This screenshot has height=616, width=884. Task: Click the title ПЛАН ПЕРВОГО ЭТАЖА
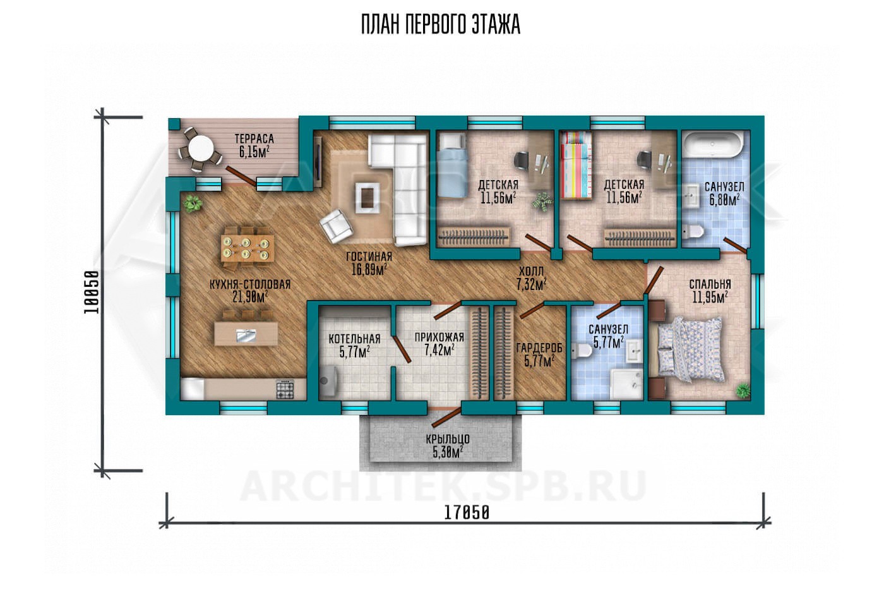tap(441, 25)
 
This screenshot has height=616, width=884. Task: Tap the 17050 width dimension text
tap(467, 513)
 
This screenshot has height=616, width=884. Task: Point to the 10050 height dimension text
tap(91, 292)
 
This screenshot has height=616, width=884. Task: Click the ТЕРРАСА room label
tap(254, 139)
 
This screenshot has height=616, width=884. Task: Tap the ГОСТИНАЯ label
tap(369, 257)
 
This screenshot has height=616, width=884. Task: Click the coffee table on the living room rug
tap(367, 198)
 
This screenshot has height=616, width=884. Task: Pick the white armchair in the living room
tap(335, 226)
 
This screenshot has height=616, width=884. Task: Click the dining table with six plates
tap(248, 248)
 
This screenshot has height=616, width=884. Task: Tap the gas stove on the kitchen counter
tap(285, 389)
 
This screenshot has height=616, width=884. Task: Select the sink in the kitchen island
tap(246, 335)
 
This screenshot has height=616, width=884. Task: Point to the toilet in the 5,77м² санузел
tap(582, 351)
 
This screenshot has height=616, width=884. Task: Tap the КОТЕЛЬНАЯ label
tap(354, 339)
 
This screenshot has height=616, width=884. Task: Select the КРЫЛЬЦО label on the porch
tap(448, 438)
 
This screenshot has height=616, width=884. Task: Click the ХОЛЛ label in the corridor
tap(531, 271)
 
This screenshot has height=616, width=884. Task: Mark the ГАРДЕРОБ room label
tap(539, 348)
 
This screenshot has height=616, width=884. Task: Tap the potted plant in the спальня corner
tap(743, 390)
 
